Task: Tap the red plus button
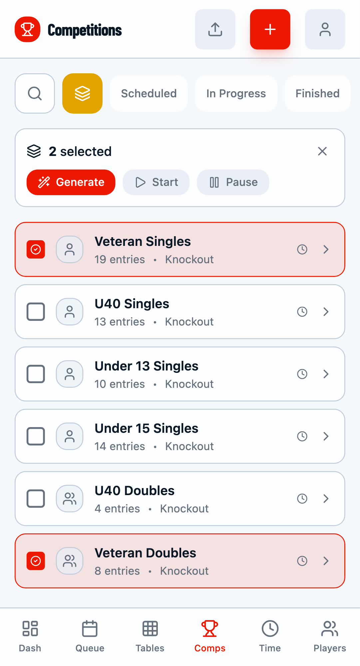click(270, 29)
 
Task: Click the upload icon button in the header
click(215, 29)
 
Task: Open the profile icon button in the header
click(325, 29)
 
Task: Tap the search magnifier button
click(35, 93)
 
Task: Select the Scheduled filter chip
click(149, 93)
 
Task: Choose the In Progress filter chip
click(236, 93)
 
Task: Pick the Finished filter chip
click(317, 93)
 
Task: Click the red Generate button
click(71, 182)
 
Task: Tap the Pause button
click(233, 182)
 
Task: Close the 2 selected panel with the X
click(322, 151)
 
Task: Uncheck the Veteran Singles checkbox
click(36, 249)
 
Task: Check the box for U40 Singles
click(36, 312)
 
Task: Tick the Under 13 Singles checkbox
click(36, 374)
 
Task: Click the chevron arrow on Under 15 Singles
click(326, 436)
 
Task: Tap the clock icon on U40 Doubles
click(302, 498)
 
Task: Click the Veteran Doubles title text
click(146, 553)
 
